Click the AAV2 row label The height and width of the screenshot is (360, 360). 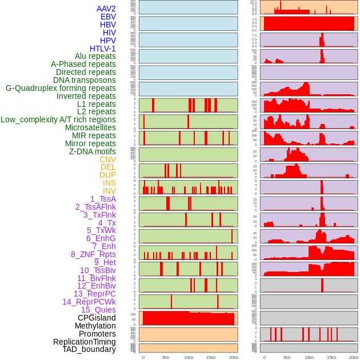click(106, 9)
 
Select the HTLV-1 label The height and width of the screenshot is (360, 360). click(102, 49)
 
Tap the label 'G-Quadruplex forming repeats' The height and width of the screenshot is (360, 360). click(61, 88)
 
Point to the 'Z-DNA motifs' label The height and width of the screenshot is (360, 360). click(93, 151)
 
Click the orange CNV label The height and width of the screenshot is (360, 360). click(107, 159)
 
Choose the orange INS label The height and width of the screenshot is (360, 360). click(109, 183)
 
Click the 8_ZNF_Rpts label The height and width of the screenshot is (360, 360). click(93, 254)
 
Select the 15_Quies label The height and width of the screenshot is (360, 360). click(98, 310)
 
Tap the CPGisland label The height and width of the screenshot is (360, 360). click(97, 318)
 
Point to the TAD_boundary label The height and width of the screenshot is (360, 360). click(89, 349)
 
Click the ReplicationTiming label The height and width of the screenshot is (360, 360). click(84, 342)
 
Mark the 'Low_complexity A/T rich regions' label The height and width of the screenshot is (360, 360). click(58, 119)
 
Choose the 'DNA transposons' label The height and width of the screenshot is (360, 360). click(85, 80)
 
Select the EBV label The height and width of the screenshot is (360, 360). click(108, 17)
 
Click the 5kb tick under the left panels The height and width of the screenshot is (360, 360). click(166, 357)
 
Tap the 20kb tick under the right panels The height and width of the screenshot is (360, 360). click(354, 357)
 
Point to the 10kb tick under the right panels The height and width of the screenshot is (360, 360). click(309, 357)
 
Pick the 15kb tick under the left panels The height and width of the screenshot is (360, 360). click(211, 357)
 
